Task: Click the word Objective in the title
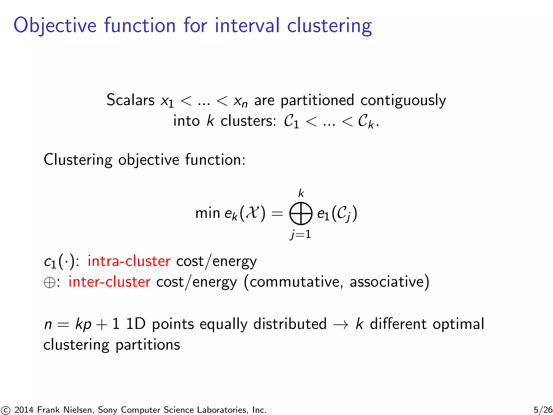tap(55, 26)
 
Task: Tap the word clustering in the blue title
tap(329, 26)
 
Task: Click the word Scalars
tap(130, 100)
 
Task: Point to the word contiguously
tap(403, 101)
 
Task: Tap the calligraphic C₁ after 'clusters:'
tap(291, 121)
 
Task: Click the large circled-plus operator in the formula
tap(301, 213)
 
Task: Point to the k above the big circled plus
tap(301, 193)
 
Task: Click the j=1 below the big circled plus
tap(301, 234)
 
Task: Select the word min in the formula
tap(208, 213)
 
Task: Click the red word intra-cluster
tap(129, 261)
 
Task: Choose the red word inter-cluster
tap(109, 282)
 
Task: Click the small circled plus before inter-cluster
tap(49, 283)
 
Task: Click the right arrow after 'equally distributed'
tap(341, 324)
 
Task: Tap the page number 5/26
tap(543, 410)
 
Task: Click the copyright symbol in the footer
tap(5, 410)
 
